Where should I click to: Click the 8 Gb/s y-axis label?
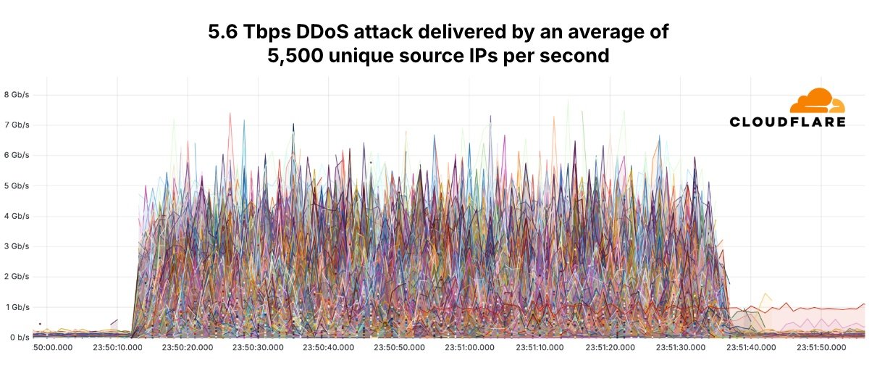[x=17, y=94]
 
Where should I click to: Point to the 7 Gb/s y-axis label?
[x=17, y=125]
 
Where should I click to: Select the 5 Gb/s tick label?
[x=17, y=185]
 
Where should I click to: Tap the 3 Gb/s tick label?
[x=17, y=246]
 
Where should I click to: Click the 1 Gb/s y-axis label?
[x=17, y=307]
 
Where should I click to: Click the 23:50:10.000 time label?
[x=122, y=348]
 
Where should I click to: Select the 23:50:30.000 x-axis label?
[x=263, y=348]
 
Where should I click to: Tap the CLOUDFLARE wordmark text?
[x=787, y=122]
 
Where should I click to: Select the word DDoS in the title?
[x=332, y=33]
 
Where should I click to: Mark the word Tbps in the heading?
[x=269, y=33]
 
